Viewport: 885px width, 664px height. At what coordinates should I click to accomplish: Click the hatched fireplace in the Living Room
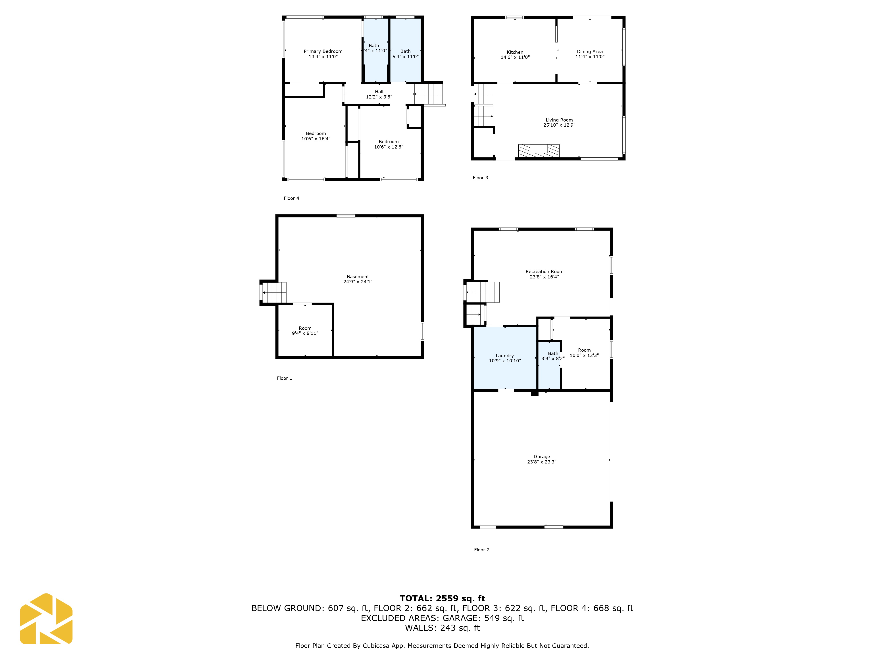(539, 151)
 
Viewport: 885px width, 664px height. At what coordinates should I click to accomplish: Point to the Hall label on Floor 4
(379, 92)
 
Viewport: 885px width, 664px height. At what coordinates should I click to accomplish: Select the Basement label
(358, 277)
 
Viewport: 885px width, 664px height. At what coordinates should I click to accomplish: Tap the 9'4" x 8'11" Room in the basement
(305, 331)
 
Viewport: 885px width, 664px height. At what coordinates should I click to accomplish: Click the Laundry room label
(504, 355)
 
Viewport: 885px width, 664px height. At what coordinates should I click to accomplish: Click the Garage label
(542, 457)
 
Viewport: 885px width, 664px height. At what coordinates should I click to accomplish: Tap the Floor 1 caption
(285, 378)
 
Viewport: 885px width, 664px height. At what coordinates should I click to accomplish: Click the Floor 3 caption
(480, 178)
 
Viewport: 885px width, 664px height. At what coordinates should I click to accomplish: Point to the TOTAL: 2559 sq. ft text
(442, 598)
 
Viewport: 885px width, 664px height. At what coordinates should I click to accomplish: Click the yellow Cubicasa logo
(46, 619)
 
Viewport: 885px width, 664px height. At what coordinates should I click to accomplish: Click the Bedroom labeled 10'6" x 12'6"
(389, 144)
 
